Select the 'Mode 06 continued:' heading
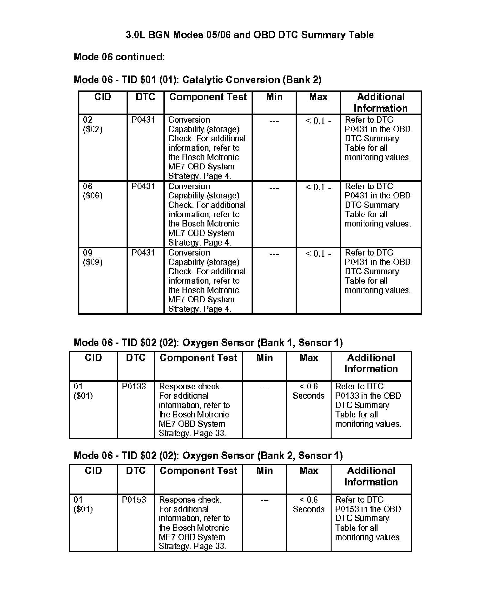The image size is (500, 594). [119, 57]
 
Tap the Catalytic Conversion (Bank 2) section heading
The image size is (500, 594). [197, 80]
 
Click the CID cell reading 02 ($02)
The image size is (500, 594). [92, 124]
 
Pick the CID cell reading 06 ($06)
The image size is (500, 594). [92, 191]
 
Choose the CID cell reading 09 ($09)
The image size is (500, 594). [92, 257]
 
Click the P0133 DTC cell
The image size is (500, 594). [134, 387]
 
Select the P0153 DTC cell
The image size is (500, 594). [134, 500]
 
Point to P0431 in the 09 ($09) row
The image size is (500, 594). [143, 253]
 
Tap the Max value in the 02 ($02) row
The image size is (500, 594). [318, 121]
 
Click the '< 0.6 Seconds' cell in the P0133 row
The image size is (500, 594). [308, 391]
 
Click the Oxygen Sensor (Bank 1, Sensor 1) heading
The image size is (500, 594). [208, 343]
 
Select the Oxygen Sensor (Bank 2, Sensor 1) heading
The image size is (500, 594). [208, 455]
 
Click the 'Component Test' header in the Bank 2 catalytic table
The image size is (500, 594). [208, 97]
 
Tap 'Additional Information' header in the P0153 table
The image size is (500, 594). [371, 476]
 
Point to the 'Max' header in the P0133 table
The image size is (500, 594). [308, 358]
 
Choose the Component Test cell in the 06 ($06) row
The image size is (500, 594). [207, 214]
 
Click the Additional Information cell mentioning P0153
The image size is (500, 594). [368, 518]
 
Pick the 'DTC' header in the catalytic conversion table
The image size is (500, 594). [145, 97]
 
